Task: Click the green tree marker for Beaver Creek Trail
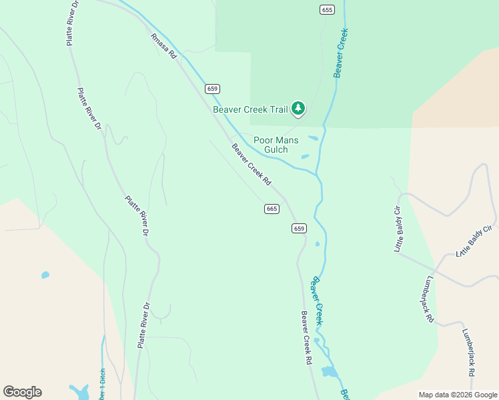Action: pyautogui.click(x=298, y=108)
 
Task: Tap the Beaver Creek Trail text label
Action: pyautogui.click(x=249, y=109)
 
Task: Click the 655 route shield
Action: pyautogui.click(x=326, y=9)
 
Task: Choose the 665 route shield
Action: pyautogui.click(x=271, y=209)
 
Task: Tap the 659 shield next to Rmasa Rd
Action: pyautogui.click(x=212, y=89)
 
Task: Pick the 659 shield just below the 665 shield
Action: pyautogui.click(x=299, y=228)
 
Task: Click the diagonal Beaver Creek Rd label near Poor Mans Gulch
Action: pyautogui.click(x=252, y=165)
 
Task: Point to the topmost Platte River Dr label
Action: pyautogui.click(x=72, y=23)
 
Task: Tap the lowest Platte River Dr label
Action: pyautogui.click(x=145, y=325)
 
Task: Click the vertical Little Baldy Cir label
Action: pyautogui.click(x=398, y=229)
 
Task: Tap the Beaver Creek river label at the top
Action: pyautogui.click(x=342, y=53)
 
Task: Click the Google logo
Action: pyautogui.click(x=22, y=392)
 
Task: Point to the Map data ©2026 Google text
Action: pyautogui.click(x=457, y=395)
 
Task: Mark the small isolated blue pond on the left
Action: pyautogui.click(x=45, y=275)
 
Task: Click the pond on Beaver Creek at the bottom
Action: pyautogui.click(x=329, y=372)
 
